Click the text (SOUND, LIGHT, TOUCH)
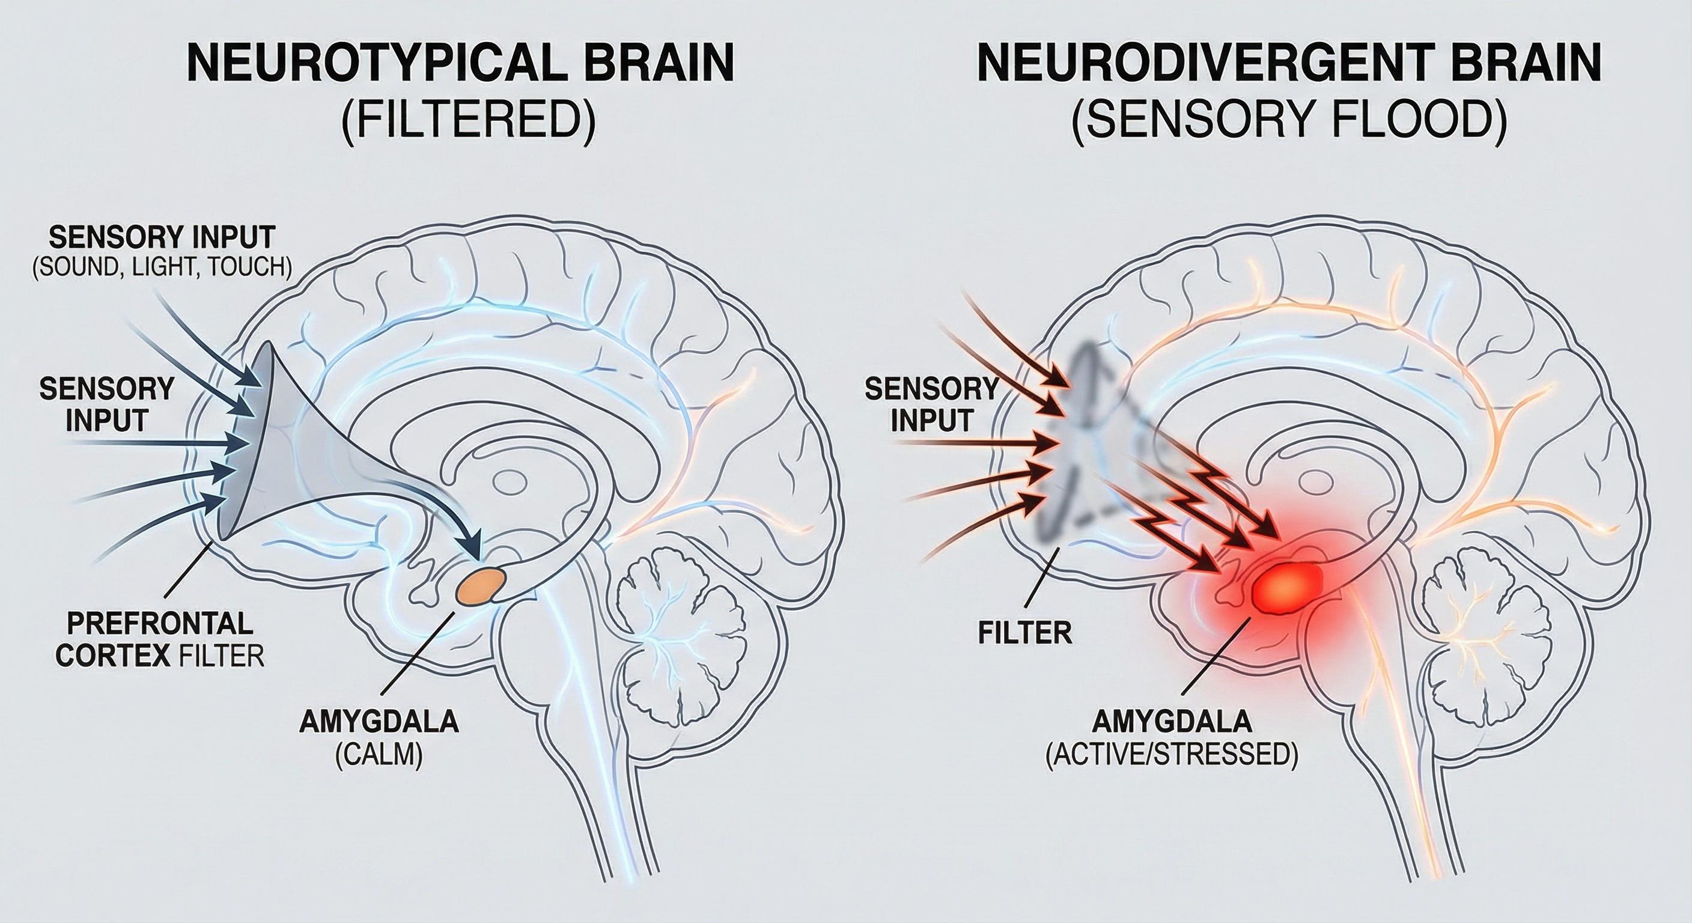(162, 267)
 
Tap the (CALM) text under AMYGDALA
(379, 755)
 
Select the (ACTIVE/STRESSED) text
(1171, 755)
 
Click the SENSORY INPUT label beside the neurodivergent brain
(931, 406)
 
